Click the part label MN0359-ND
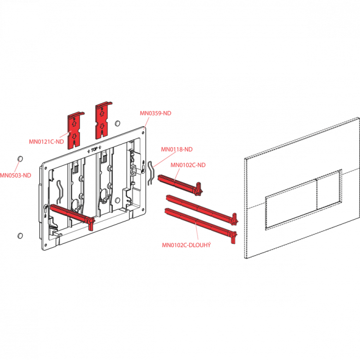(156, 113)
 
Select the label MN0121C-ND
(47, 142)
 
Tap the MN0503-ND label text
(15, 175)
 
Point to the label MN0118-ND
(177, 149)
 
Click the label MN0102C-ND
(188, 165)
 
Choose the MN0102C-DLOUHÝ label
(186, 245)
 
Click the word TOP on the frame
(95, 150)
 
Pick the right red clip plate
(103, 120)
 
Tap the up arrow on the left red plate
(74, 124)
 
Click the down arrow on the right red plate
(102, 126)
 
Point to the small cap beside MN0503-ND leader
(20, 159)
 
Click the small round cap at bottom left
(20, 235)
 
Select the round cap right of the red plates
(117, 123)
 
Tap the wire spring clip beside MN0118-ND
(150, 173)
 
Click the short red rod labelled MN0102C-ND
(180, 185)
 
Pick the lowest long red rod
(201, 226)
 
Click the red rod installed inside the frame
(72, 216)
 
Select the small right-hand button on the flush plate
(328, 190)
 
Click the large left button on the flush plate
(291, 204)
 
